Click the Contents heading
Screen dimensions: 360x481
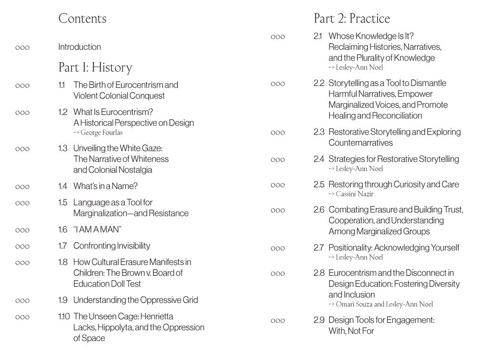(x=82, y=19)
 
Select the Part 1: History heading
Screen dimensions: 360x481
(x=95, y=67)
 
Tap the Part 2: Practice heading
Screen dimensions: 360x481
(x=352, y=19)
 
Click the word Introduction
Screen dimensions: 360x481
(x=79, y=47)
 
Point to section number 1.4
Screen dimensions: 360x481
(x=63, y=186)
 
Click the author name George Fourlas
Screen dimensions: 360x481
(x=101, y=133)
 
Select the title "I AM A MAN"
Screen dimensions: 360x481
(x=97, y=229)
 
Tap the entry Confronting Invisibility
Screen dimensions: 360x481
(x=112, y=246)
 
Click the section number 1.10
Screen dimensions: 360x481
(x=64, y=316)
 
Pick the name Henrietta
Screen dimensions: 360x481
(x=153, y=316)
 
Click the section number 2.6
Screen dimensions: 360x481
(x=319, y=210)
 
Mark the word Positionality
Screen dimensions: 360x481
(x=350, y=248)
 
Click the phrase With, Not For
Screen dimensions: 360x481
(x=351, y=331)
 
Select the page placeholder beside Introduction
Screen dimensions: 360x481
(x=23, y=48)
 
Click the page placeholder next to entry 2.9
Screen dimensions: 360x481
(x=278, y=321)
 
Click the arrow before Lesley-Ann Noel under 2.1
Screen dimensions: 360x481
(x=331, y=68)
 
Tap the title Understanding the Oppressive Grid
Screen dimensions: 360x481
(x=136, y=300)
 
